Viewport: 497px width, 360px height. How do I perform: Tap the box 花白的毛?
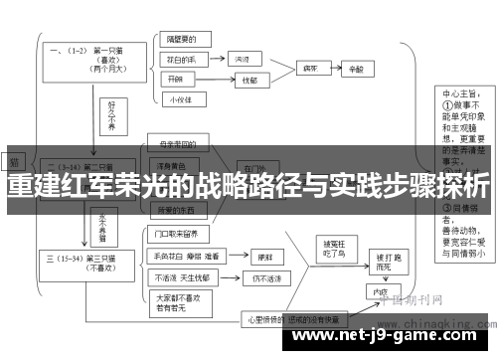[x=185, y=60]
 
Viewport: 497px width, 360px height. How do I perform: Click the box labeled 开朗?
[x=177, y=79]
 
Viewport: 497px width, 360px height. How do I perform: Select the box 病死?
[x=310, y=70]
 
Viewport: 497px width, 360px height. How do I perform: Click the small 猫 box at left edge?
[x=16, y=160]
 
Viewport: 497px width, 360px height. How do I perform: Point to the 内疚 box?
[x=379, y=292]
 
